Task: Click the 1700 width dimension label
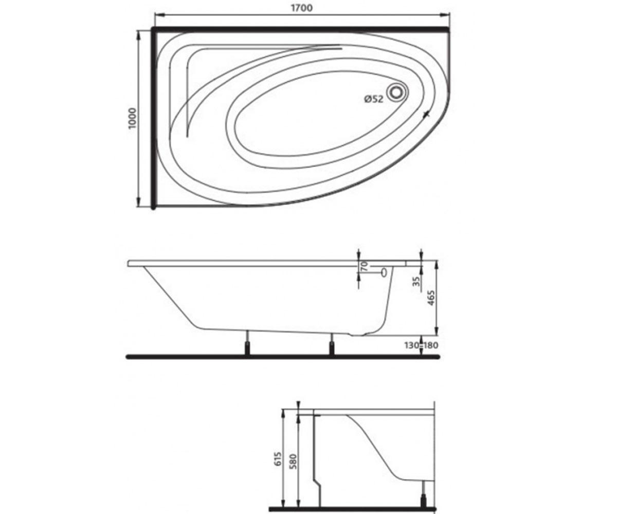click(302, 8)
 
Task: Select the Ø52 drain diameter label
click(373, 99)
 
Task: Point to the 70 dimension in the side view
click(365, 266)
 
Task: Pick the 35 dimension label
click(416, 281)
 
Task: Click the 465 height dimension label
click(431, 298)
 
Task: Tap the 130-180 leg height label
click(421, 345)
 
